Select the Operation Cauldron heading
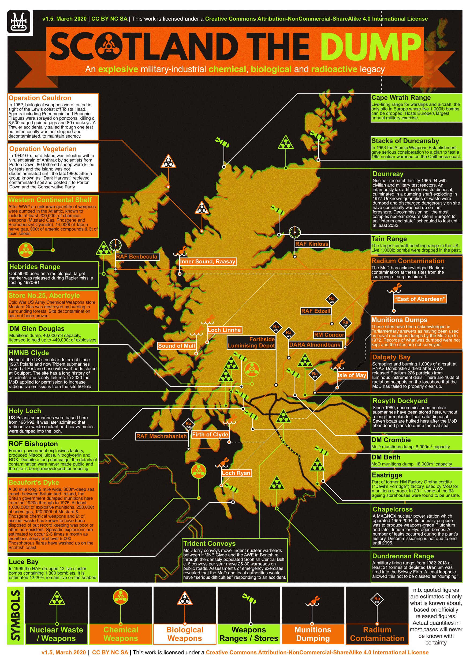coord(40,98)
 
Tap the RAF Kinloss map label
coord(312,244)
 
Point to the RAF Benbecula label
coord(137,256)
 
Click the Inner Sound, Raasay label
coord(208,261)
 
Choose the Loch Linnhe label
coord(224,330)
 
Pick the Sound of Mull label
coord(176,346)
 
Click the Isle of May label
coord(352,375)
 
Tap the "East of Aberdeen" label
coord(420,299)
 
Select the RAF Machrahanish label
coord(161,436)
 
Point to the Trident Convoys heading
coord(209,543)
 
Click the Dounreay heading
coord(388,174)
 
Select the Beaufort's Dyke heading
coord(33,482)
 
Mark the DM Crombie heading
coord(391,440)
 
